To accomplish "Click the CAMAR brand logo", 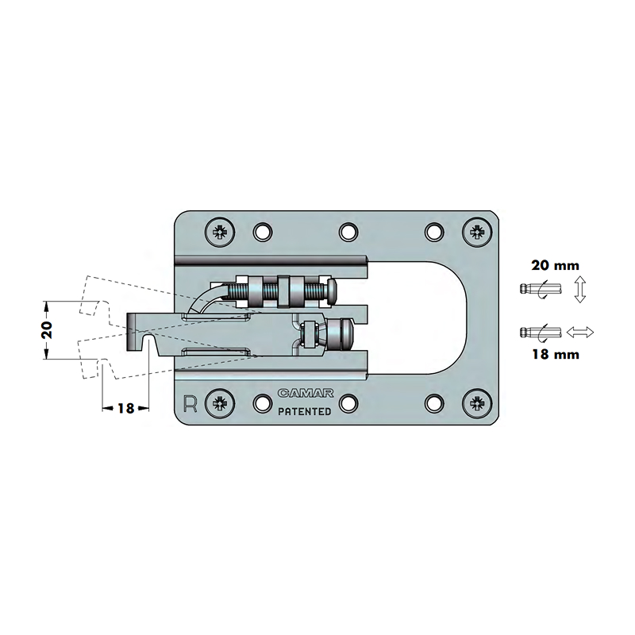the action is point(306,393).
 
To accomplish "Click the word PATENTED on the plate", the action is point(305,411).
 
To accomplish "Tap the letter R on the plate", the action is point(190,403).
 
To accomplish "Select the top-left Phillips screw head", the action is point(220,232).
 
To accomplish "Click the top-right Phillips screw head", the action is point(477,232).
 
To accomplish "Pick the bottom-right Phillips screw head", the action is point(477,403).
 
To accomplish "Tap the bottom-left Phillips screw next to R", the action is point(220,403).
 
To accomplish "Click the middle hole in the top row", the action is point(348,232).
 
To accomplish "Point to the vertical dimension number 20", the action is point(48,330).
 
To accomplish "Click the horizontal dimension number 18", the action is point(125,408).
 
